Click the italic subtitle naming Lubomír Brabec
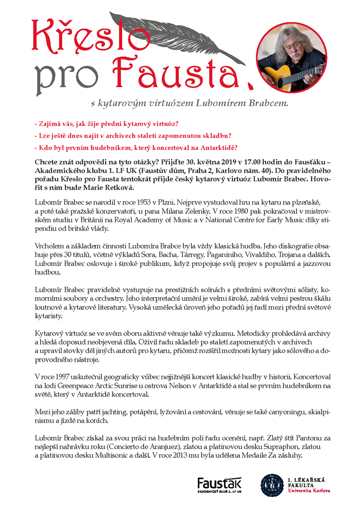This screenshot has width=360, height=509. (190, 103)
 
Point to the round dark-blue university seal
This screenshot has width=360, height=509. (273, 486)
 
